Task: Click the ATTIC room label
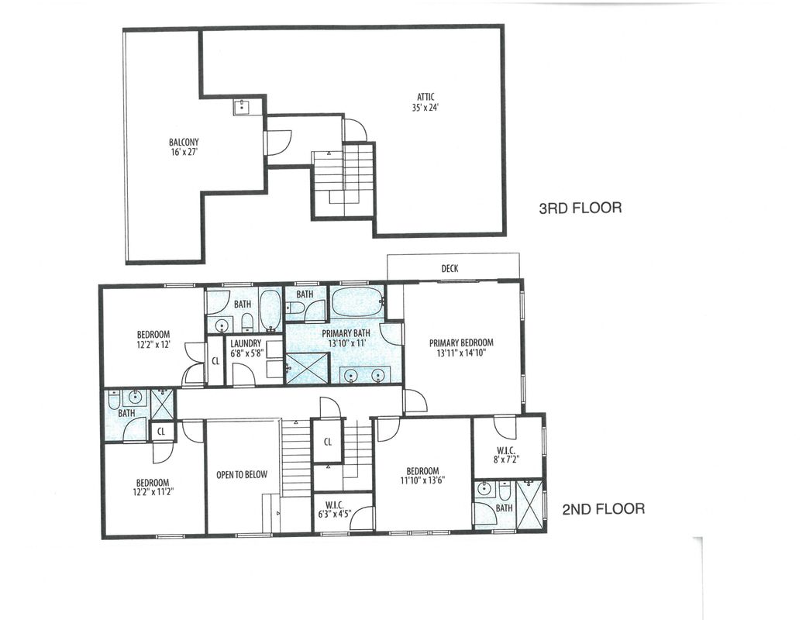[425, 97]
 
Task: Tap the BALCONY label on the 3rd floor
[184, 142]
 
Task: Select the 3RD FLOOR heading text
[580, 208]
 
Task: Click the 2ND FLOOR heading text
[604, 509]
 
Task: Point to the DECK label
[449, 268]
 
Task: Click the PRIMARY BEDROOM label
[461, 342]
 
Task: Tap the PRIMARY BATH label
[346, 332]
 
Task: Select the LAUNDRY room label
[246, 343]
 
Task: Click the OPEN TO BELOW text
[242, 474]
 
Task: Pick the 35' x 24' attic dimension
[425, 108]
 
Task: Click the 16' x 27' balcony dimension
[184, 152]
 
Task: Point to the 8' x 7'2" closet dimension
[507, 460]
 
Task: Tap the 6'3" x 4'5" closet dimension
[335, 513]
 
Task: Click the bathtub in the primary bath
[356, 303]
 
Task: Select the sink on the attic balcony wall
[242, 108]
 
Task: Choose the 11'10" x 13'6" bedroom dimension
[422, 480]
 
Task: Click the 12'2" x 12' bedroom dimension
[153, 345]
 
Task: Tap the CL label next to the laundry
[215, 361]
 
